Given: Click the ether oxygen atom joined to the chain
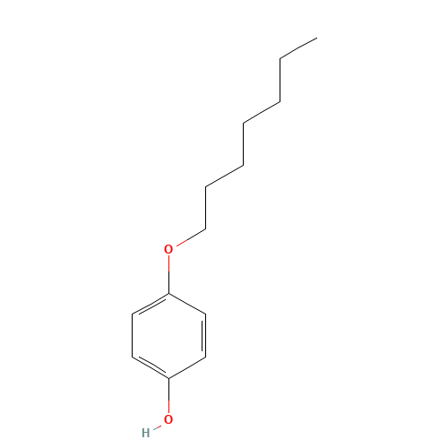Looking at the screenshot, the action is point(168,249).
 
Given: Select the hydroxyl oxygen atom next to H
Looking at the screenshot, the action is point(168,419).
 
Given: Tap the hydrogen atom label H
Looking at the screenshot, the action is point(145,433).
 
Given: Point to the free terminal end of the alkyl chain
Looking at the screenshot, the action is point(317,38).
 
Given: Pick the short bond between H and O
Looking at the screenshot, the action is point(157,426).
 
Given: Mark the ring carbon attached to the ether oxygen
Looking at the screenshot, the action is point(168,294).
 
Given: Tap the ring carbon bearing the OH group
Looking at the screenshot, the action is point(168,378).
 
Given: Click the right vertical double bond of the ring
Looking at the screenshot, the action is point(204,336).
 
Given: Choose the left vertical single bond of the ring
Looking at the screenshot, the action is point(132,336).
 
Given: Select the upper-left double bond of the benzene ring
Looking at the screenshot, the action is point(151,305).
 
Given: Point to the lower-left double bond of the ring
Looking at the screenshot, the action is point(151,367).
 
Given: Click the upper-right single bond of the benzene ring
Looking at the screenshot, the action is point(187,304).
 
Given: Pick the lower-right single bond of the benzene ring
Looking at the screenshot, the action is point(187,367).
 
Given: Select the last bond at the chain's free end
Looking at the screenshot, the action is point(298,48).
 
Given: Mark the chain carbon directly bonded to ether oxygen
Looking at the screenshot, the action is point(205,229).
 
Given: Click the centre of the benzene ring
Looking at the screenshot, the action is point(168,336).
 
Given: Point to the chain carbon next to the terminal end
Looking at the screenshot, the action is point(280,59).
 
